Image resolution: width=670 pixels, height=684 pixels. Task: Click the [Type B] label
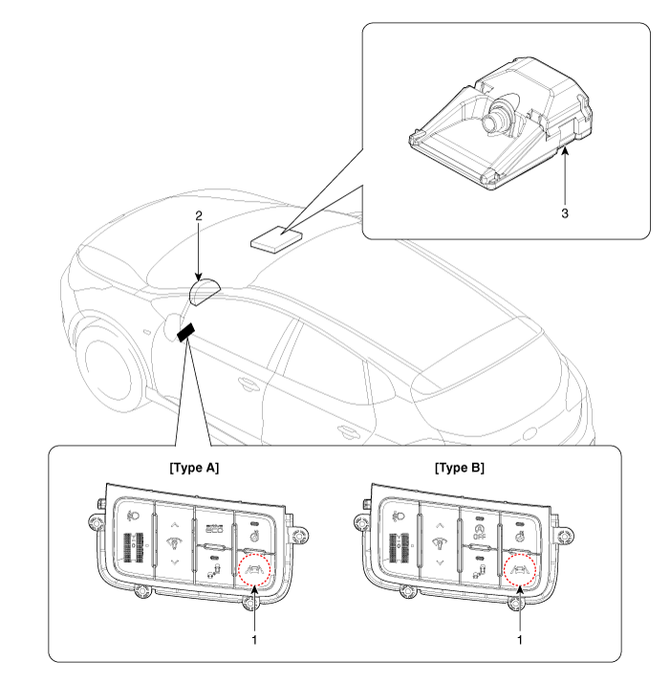click(458, 470)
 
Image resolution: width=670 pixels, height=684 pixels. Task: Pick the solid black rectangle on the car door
click(184, 331)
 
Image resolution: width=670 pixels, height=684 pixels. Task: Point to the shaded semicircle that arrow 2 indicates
click(207, 289)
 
